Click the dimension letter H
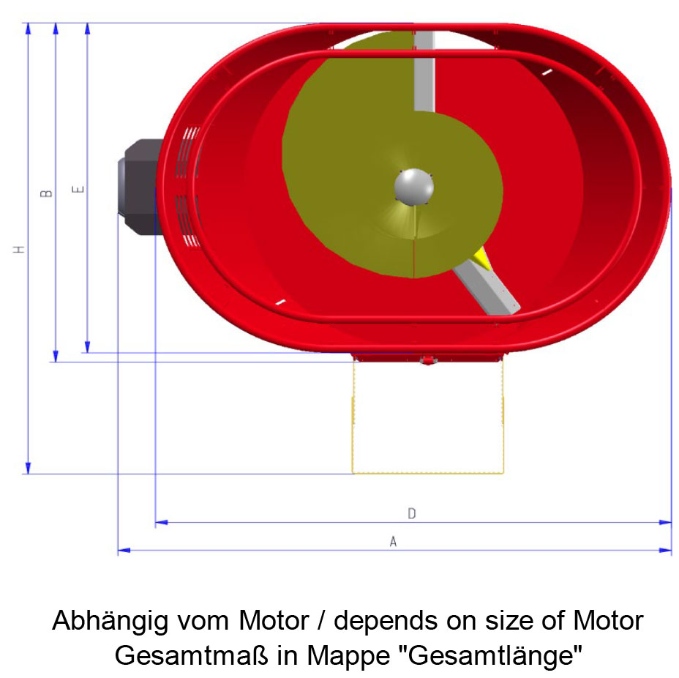pyautogui.click(x=18, y=249)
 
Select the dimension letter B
pyautogui.click(x=46, y=193)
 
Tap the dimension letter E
pyautogui.click(x=78, y=189)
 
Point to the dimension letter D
pyautogui.click(x=412, y=513)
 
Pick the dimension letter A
pyautogui.click(x=393, y=541)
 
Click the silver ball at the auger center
pyautogui.click(x=414, y=187)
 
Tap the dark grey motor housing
pyautogui.click(x=140, y=187)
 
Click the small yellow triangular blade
pyautogui.click(x=481, y=259)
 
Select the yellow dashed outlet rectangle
pyautogui.click(x=428, y=473)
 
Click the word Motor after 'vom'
pyautogui.click(x=274, y=620)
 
